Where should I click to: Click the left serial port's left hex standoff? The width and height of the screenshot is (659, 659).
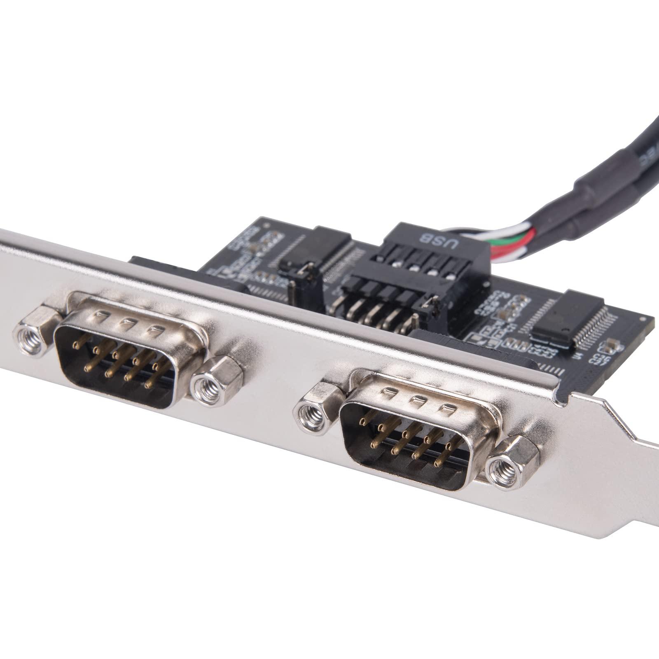coord(36,331)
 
